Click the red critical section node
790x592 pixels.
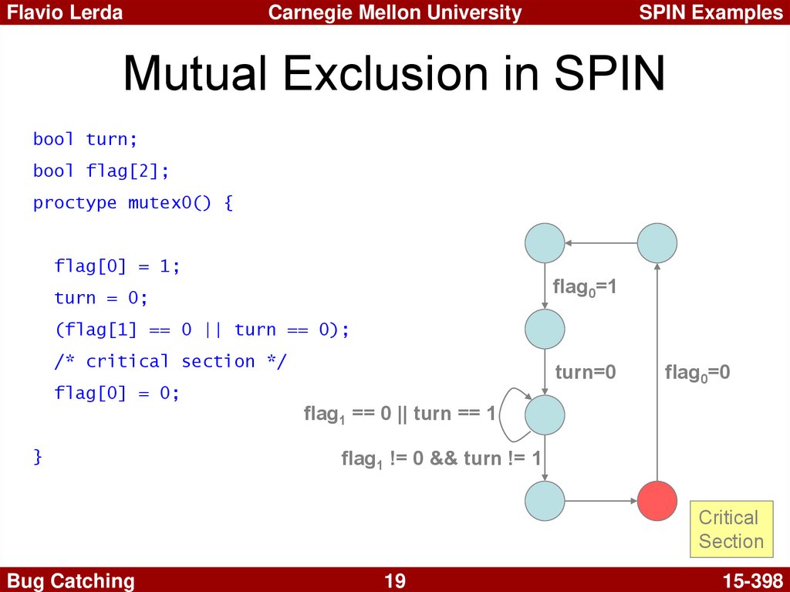[657, 501]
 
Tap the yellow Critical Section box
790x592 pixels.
[731, 529]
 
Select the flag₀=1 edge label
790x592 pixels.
[585, 287]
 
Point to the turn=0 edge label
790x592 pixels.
[586, 372]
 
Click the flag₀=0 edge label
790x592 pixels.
[697, 373]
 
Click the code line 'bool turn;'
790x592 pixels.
[85, 139]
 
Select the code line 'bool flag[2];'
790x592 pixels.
[101, 171]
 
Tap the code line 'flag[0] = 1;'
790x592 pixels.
[117, 266]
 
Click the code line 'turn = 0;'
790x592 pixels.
[101, 297]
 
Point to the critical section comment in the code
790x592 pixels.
[170, 361]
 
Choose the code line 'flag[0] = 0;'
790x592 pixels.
[117, 393]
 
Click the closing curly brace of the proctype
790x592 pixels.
[38, 456]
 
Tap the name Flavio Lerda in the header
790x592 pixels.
[65, 12]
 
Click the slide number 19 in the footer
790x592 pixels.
[395, 580]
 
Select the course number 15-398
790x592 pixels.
[753, 580]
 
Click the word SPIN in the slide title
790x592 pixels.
[609, 73]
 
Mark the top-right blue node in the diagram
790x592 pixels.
[657, 243]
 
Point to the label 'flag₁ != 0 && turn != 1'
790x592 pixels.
[441, 459]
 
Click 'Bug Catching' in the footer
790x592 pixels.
[70, 581]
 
